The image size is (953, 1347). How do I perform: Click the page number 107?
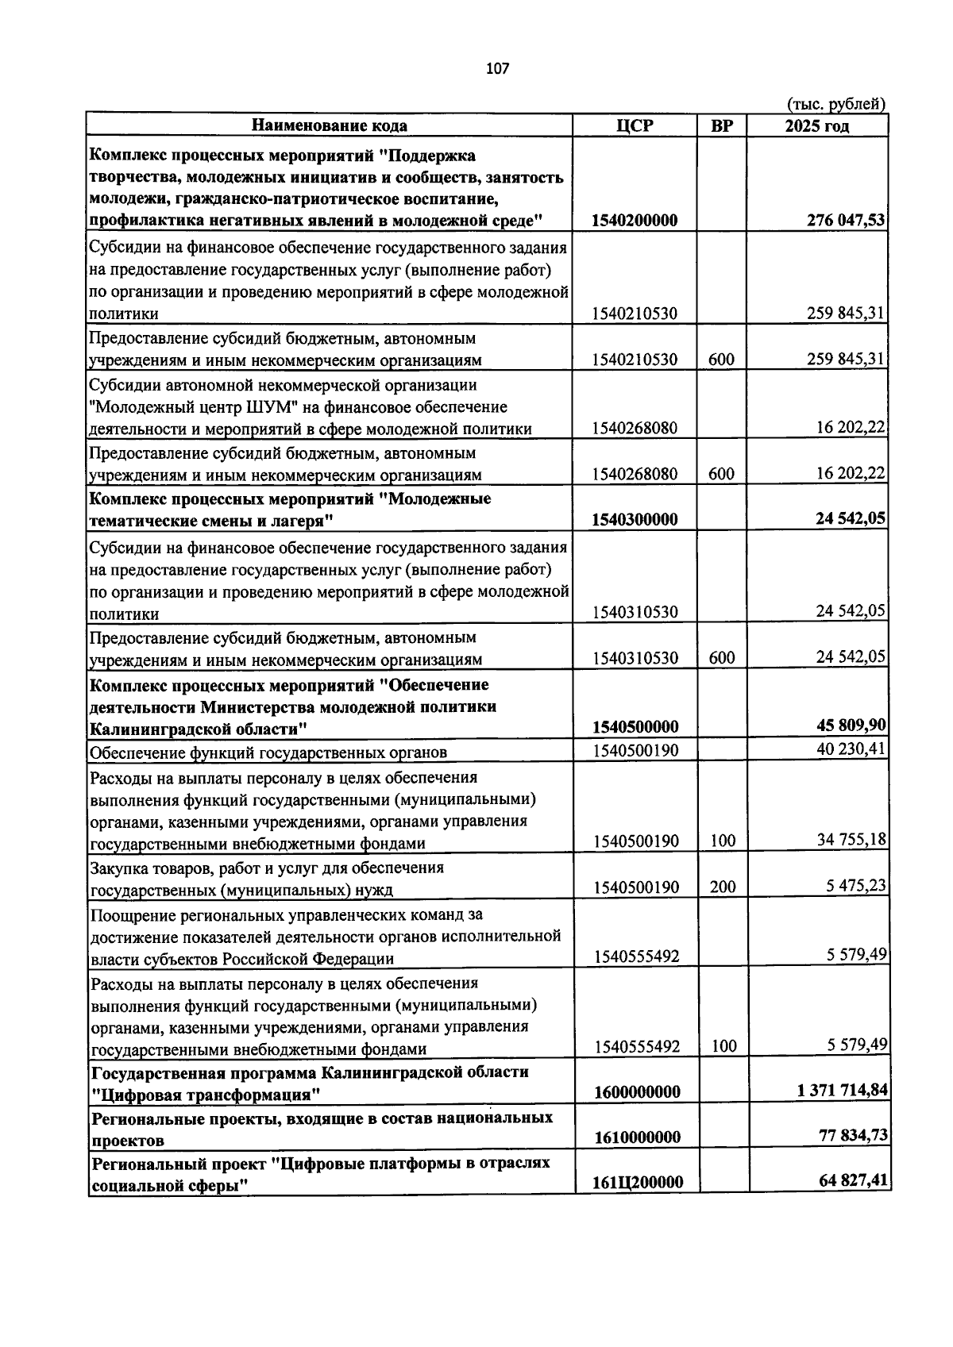point(497,68)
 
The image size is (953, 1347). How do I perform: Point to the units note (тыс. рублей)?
point(835,104)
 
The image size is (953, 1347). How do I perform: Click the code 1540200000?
point(635,221)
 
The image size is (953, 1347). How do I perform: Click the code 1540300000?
point(635,520)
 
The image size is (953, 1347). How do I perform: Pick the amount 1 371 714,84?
point(842,1091)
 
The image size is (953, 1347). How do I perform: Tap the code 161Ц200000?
point(637,1183)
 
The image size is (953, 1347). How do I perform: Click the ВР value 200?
point(723,887)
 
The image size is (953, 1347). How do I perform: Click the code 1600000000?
point(637,1092)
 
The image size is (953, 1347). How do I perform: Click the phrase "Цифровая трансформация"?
point(206,1095)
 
